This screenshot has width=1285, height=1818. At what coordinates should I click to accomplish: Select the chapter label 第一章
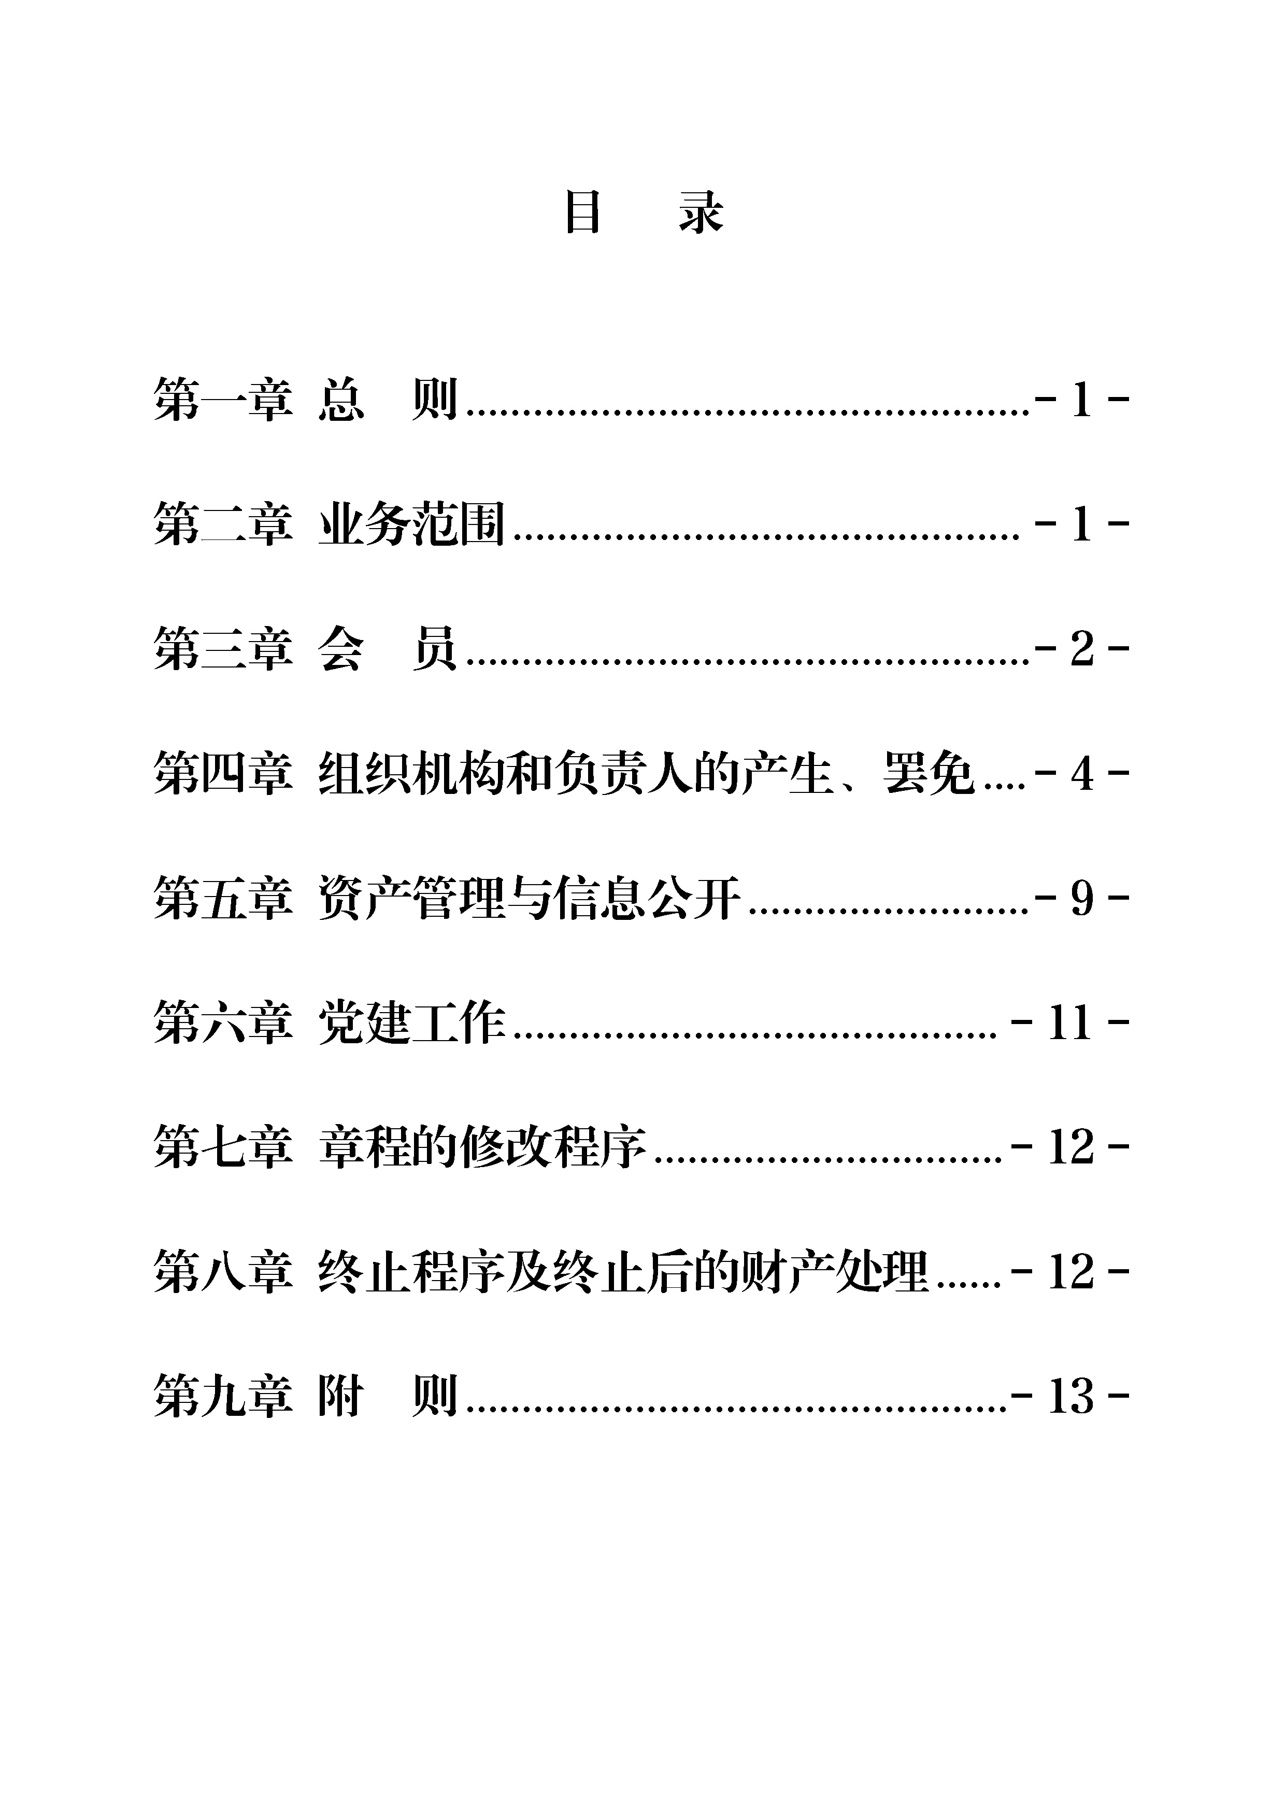(223, 400)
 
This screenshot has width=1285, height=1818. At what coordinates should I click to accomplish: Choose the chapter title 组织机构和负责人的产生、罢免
(647, 774)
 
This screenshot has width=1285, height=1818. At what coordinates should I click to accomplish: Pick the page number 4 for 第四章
(1081, 774)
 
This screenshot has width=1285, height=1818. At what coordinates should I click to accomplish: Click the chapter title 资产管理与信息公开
(530, 898)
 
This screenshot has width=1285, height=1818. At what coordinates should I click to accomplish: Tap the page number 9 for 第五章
(1081, 898)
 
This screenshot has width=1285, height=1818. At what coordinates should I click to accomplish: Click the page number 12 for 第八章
(1070, 1272)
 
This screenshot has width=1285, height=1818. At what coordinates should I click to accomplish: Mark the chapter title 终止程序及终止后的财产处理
(623, 1272)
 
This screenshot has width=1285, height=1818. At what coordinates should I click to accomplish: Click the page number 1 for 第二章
(1081, 524)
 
